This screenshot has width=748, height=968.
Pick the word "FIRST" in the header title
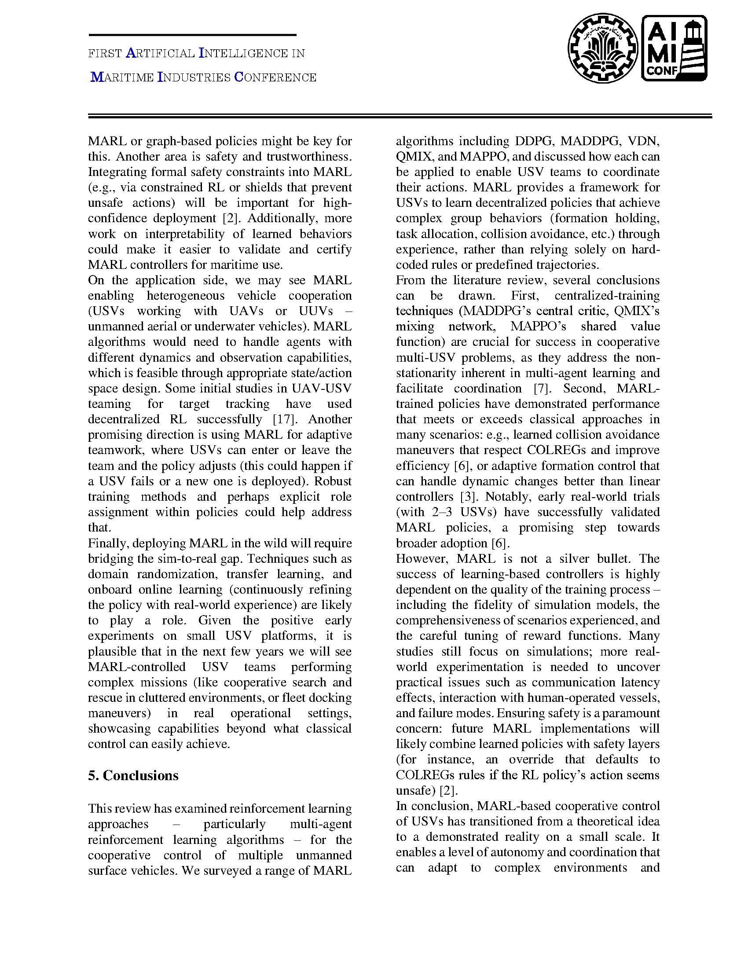(x=105, y=54)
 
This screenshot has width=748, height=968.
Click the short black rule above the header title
(x=192, y=35)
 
